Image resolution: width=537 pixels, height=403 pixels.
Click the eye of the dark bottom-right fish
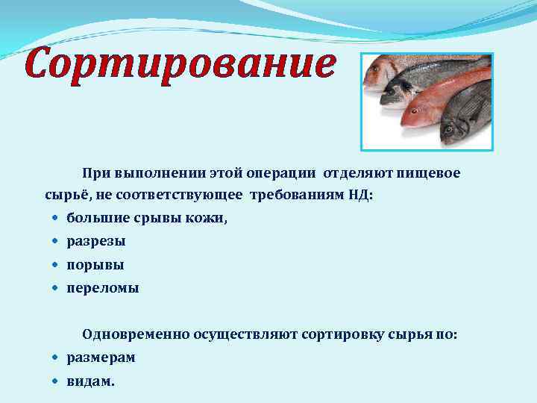click(x=448, y=129)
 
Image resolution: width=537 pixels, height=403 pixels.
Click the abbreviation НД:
click(x=359, y=196)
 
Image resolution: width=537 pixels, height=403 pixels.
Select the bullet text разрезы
click(x=96, y=242)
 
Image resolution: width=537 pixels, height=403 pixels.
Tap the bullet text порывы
click(x=95, y=265)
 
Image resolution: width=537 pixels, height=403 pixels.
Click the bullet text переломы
click(x=103, y=287)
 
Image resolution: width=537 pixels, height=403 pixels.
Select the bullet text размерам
click(x=101, y=357)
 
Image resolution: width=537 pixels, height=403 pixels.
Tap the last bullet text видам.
click(x=91, y=381)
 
